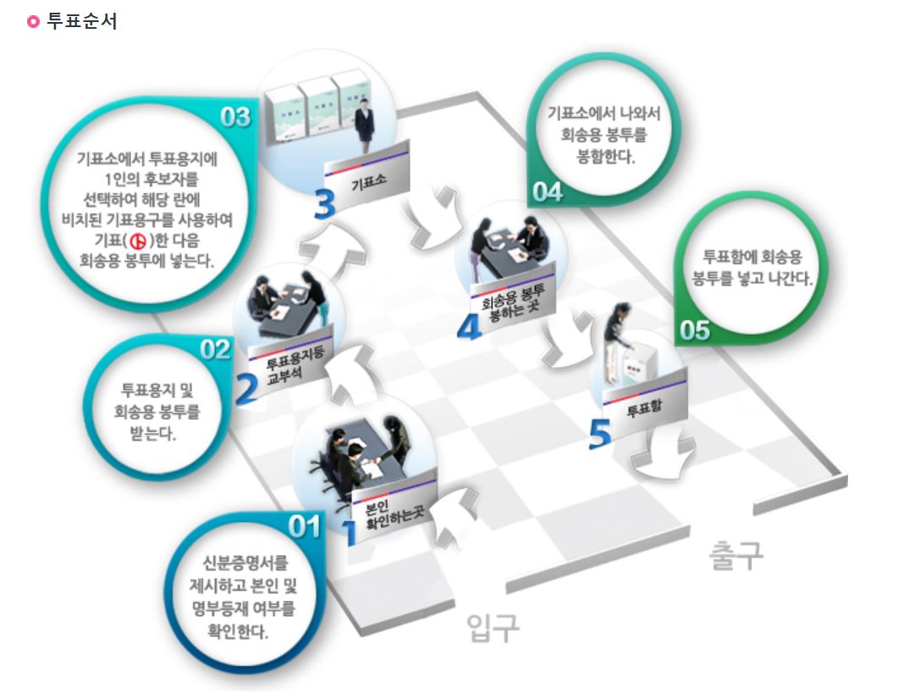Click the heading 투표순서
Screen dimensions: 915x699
point(83,21)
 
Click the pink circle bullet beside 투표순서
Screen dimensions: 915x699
point(34,22)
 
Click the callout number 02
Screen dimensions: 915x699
point(215,349)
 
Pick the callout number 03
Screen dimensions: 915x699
point(235,116)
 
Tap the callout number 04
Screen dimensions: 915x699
point(547,192)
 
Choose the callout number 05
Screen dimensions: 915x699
point(695,330)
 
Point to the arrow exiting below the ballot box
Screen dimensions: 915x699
point(664,448)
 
